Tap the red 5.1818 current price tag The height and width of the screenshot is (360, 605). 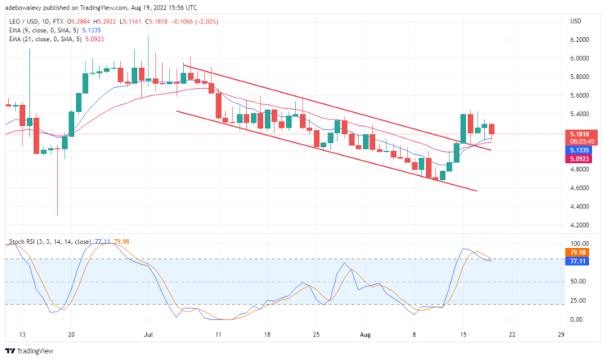pos(578,134)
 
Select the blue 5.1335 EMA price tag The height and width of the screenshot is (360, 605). pos(578,150)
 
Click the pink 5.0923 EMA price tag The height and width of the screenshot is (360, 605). pos(578,159)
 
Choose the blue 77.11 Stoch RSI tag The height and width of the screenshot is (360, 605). pos(578,260)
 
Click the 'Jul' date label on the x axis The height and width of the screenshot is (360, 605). pos(147,333)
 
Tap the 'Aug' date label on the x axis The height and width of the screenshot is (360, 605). pos(364,333)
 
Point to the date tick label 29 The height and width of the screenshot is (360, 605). pos(561,333)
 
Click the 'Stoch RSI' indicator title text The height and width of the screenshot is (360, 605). pos(22,241)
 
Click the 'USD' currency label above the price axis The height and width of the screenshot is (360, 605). pos(576,20)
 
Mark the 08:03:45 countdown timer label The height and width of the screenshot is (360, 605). pos(578,141)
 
